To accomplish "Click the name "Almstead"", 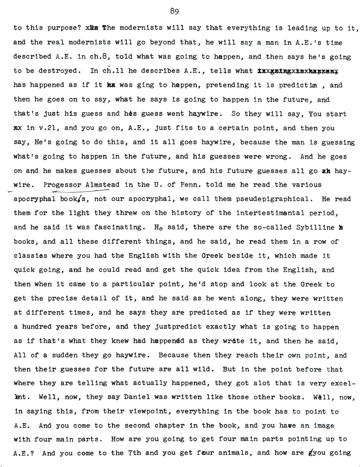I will tap(103, 185).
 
